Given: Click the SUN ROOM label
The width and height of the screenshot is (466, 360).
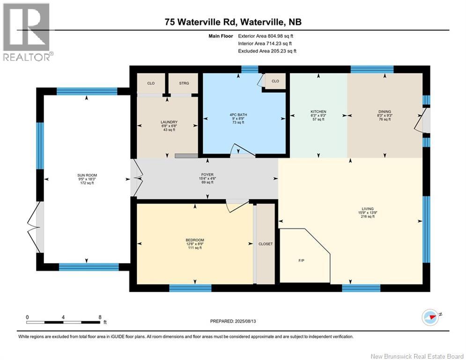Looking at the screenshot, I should tap(87, 175).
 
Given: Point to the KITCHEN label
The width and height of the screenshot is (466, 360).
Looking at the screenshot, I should tap(318, 112).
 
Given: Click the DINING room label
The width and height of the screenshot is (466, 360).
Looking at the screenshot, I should tap(384, 112).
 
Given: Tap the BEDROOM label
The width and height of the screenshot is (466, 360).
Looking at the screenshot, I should tap(195, 240).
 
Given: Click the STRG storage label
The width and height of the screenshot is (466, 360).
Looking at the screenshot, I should tap(184, 83).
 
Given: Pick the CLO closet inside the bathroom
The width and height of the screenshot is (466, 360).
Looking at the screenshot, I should tap(275, 81).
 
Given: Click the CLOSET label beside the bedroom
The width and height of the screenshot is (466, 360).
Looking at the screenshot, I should tap(266, 244).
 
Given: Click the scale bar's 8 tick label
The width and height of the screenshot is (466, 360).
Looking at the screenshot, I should tap(100, 317).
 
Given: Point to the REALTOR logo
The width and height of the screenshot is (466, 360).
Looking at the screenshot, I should tap(27, 31).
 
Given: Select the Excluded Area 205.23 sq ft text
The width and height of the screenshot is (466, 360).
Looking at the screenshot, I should tap(267, 51).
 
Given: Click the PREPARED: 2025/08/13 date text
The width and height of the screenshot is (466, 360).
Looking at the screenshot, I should tap(233, 321).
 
